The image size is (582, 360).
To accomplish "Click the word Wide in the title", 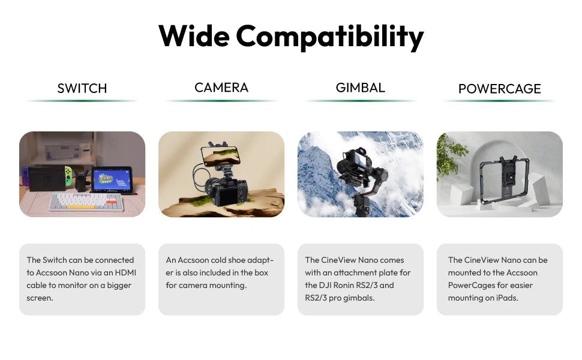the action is (194, 36).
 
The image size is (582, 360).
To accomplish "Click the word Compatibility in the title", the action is (329, 37).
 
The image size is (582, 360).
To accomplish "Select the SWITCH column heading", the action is (82, 88).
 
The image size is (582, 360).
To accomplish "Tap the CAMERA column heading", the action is (221, 88).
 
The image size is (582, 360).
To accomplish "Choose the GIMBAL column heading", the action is (361, 88).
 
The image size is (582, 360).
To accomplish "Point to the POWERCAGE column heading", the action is (500, 89).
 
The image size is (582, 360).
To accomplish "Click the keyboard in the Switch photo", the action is (86, 202).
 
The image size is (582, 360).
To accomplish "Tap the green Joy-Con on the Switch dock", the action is (68, 176).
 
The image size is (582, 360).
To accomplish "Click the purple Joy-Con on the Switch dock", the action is (25, 176).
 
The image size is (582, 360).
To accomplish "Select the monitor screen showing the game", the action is (112, 180).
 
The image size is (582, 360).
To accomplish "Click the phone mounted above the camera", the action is (220, 155).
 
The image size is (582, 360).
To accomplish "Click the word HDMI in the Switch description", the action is (125, 272).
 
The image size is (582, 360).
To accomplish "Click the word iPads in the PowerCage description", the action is (507, 298).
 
